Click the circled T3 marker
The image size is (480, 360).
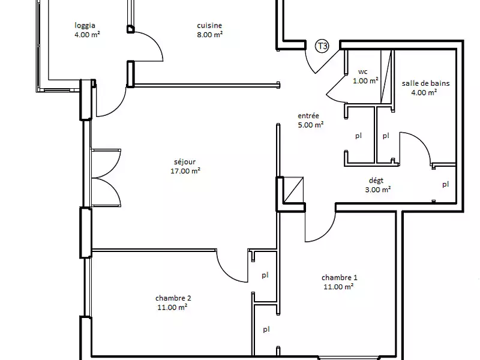(322, 46)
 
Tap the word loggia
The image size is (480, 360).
(86, 25)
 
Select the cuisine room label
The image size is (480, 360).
(209, 25)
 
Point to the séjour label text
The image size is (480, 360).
(185, 161)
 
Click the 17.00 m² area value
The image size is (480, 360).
(185, 170)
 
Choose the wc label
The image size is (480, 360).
(362, 71)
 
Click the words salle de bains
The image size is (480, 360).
(425, 83)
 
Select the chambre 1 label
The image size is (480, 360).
(339, 278)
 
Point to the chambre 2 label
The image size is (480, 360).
(173, 298)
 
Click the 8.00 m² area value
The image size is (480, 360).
(209, 34)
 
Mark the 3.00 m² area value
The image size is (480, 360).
(378, 189)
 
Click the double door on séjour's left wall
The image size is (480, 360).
(107, 178)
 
